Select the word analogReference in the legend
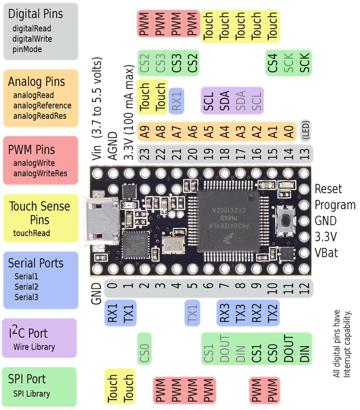point(42,106)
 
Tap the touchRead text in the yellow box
point(32,233)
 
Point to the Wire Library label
point(34,347)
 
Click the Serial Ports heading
point(36,263)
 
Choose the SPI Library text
point(32,393)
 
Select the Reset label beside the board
point(328,189)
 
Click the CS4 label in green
point(273,63)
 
